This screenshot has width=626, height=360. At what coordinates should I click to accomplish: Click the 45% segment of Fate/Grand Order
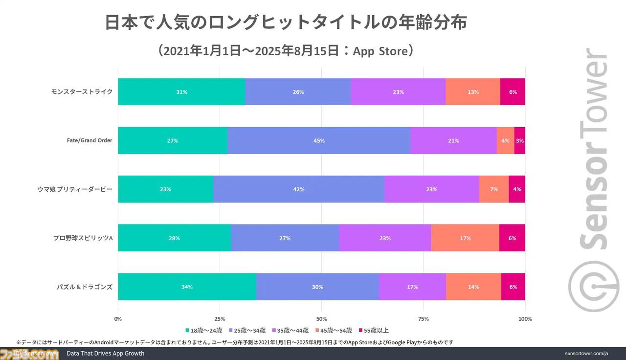(319, 140)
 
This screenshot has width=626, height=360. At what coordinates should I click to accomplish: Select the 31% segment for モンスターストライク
(181, 91)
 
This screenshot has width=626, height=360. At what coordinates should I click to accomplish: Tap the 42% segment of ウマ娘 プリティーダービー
(298, 189)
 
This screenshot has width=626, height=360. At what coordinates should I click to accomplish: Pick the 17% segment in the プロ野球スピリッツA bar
(465, 238)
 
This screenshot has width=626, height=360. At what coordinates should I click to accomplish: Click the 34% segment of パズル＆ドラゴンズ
(187, 287)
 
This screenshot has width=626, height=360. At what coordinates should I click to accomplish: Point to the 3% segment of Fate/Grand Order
(520, 140)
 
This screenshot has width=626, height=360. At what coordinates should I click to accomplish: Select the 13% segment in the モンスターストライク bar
(473, 91)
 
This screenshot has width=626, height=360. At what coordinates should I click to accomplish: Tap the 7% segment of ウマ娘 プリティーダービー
(494, 189)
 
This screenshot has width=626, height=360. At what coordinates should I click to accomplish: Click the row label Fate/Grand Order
(89, 140)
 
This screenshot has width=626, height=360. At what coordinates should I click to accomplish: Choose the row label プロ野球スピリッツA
(83, 238)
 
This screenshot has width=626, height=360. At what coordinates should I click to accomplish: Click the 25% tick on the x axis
(220, 319)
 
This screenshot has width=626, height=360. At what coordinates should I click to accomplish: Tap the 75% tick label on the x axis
(424, 319)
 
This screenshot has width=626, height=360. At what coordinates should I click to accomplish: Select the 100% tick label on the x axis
(525, 319)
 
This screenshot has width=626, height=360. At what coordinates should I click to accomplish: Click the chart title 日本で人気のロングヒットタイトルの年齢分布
(286, 23)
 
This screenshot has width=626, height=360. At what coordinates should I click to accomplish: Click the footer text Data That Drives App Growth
(106, 353)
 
